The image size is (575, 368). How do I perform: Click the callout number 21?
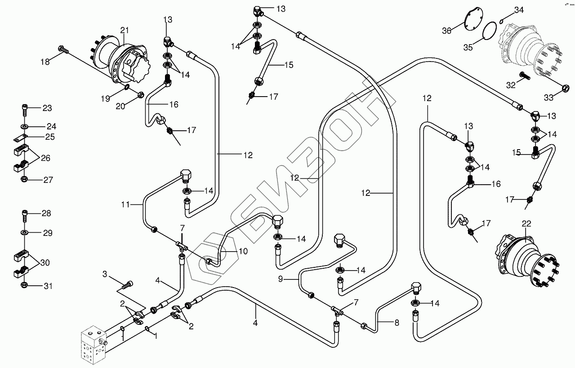coord(125,30)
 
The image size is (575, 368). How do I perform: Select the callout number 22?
coord(526,224)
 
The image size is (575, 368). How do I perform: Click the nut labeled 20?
coord(140,95)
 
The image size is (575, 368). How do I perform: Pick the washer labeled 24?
coord(25,126)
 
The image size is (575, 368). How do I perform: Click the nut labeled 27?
coord(25,180)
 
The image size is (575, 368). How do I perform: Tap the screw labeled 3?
coord(128,284)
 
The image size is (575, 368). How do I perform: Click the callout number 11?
coord(125,205)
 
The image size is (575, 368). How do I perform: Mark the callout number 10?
coord(243,252)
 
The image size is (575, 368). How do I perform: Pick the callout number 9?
coord(281,279)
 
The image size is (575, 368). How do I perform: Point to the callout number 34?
coord(519,10)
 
